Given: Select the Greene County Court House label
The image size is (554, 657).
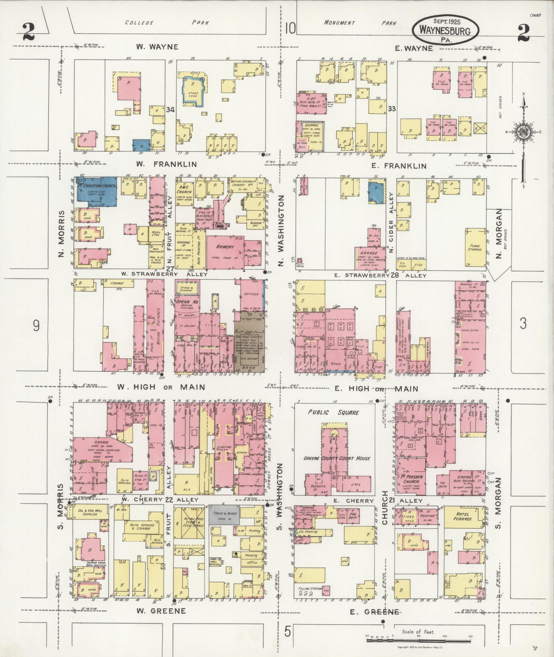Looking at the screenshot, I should [337, 458].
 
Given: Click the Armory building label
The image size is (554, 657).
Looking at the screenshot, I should [225, 247].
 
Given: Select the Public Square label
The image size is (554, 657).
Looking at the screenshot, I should [333, 412].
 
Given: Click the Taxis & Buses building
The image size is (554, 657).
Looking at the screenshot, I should [225, 513].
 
